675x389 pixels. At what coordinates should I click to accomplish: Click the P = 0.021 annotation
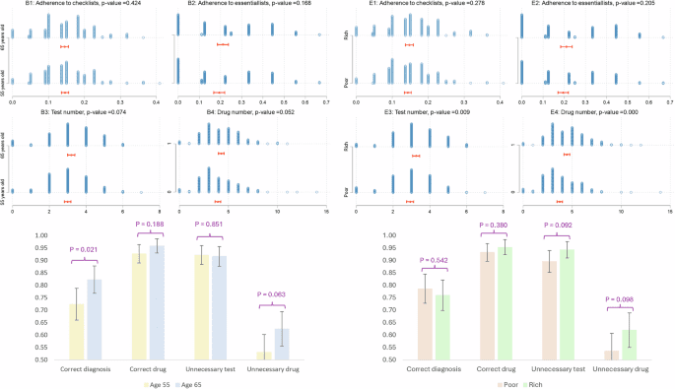(86, 248)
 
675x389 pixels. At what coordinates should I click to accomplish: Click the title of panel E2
(596, 4)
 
